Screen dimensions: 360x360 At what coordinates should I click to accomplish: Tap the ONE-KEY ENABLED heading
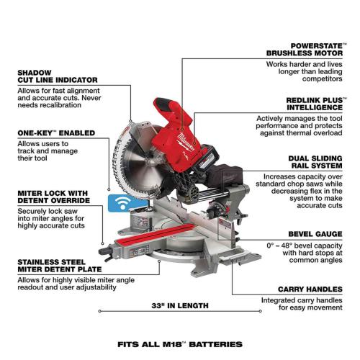point(49,133)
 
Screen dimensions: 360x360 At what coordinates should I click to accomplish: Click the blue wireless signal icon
point(118,203)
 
